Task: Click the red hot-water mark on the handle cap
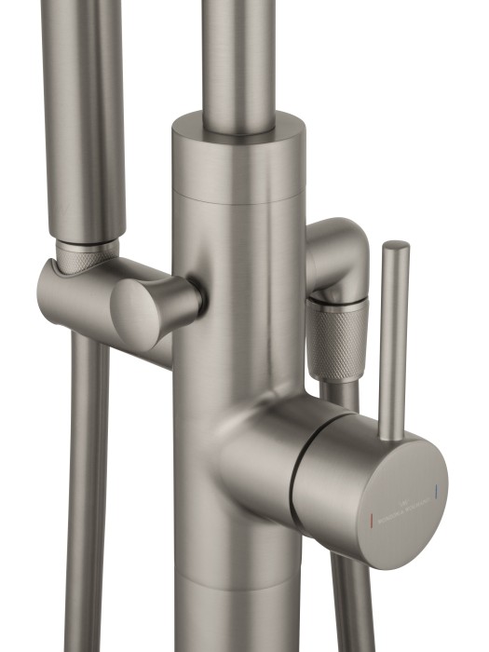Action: pos(374,514)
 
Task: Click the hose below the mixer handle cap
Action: pos(354,596)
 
